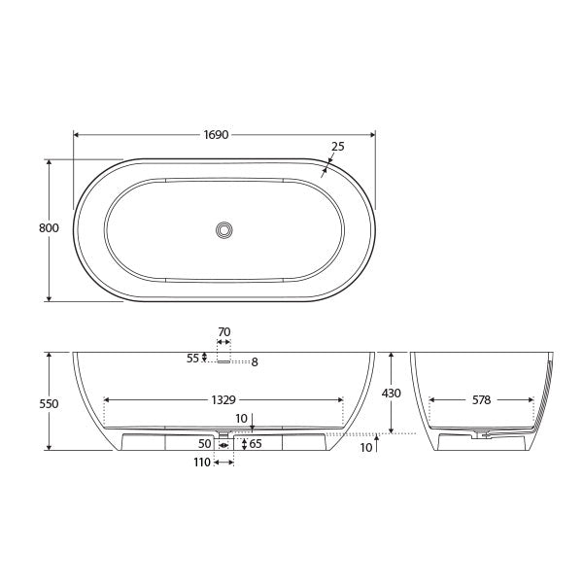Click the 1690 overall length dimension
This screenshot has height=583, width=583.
[216, 135]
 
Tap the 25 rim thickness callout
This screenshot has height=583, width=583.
[337, 148]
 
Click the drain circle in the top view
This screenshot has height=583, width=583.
[224, 230]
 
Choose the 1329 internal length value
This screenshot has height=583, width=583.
[223, 399]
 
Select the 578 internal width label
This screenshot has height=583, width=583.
[481, 399]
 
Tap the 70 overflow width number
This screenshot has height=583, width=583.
[223, 332]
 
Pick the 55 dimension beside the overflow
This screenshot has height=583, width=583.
[192, 358]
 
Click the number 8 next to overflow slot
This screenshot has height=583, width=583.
[255, 362]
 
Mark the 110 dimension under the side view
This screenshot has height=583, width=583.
[202, 463]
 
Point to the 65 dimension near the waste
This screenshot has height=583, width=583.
[256, 444]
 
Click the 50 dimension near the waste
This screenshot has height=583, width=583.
[205, 444]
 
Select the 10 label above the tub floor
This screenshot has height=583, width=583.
[241, 419]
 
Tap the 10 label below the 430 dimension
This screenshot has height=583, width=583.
[365, 447]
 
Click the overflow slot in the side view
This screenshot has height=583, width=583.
[223, 360]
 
